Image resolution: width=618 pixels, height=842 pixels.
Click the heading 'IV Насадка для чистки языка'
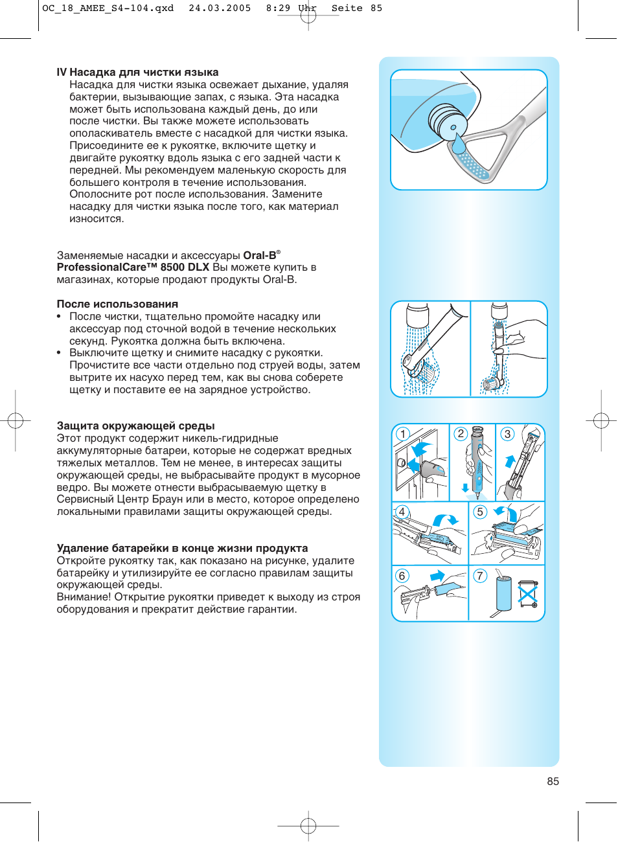[x=137, y=73]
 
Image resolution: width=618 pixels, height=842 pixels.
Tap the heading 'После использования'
[x=117, y=304]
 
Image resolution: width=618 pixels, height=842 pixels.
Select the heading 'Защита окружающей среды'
[x=135, y=426]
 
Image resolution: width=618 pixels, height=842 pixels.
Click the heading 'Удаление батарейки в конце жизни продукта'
[x=182, y=548]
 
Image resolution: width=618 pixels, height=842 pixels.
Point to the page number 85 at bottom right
[x=553, y=781]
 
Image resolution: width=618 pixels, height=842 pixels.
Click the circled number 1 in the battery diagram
[x=403, y=434]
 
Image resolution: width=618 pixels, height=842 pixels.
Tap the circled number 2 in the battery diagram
[x=461, y=434]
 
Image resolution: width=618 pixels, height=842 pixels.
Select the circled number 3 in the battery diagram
[x=507, y=434]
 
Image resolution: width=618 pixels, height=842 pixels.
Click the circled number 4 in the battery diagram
[x=402, y=512]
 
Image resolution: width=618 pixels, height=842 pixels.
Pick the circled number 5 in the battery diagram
[x=480, y=512]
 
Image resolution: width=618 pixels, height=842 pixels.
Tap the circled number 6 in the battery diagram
[x=402, y=576]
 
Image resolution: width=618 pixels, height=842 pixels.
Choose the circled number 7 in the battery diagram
[x=480, y=576]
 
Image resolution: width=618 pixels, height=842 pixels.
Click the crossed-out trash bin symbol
[x=528, y=594]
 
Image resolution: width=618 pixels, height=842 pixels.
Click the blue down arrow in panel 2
[x=465, y=488]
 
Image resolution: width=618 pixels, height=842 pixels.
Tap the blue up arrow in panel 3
[x=510, y=461]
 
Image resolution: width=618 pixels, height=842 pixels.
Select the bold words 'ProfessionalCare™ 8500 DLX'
[x=133, y=267]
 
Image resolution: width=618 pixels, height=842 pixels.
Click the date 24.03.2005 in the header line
[x=220, y=8]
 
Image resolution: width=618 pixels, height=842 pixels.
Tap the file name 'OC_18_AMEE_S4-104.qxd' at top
[x=108, y=8]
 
